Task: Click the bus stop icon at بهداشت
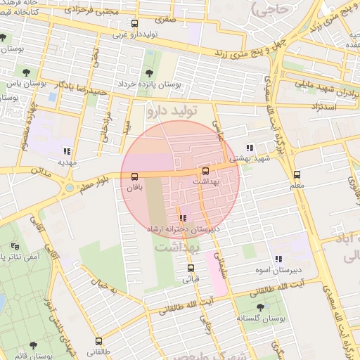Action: (x=205, y=171)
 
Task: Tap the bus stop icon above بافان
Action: (x=134, y=177)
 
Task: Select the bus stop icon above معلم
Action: (x=296, y=174)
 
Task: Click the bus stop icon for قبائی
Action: (x=190, y=268)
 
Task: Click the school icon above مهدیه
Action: (x=67, y=150)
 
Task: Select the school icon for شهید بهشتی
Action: (x=250, y=148)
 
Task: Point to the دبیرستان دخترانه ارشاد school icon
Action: (x=183, y=219)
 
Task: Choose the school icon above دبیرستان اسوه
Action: (x=278, y=259)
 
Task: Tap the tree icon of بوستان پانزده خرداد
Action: (x=148, y=73)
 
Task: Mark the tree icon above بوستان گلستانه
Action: (x=261, y=307)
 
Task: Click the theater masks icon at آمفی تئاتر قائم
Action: (x=15, y=247)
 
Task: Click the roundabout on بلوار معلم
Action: (x=69, y=188)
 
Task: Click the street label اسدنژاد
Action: (x=322, y=106)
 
